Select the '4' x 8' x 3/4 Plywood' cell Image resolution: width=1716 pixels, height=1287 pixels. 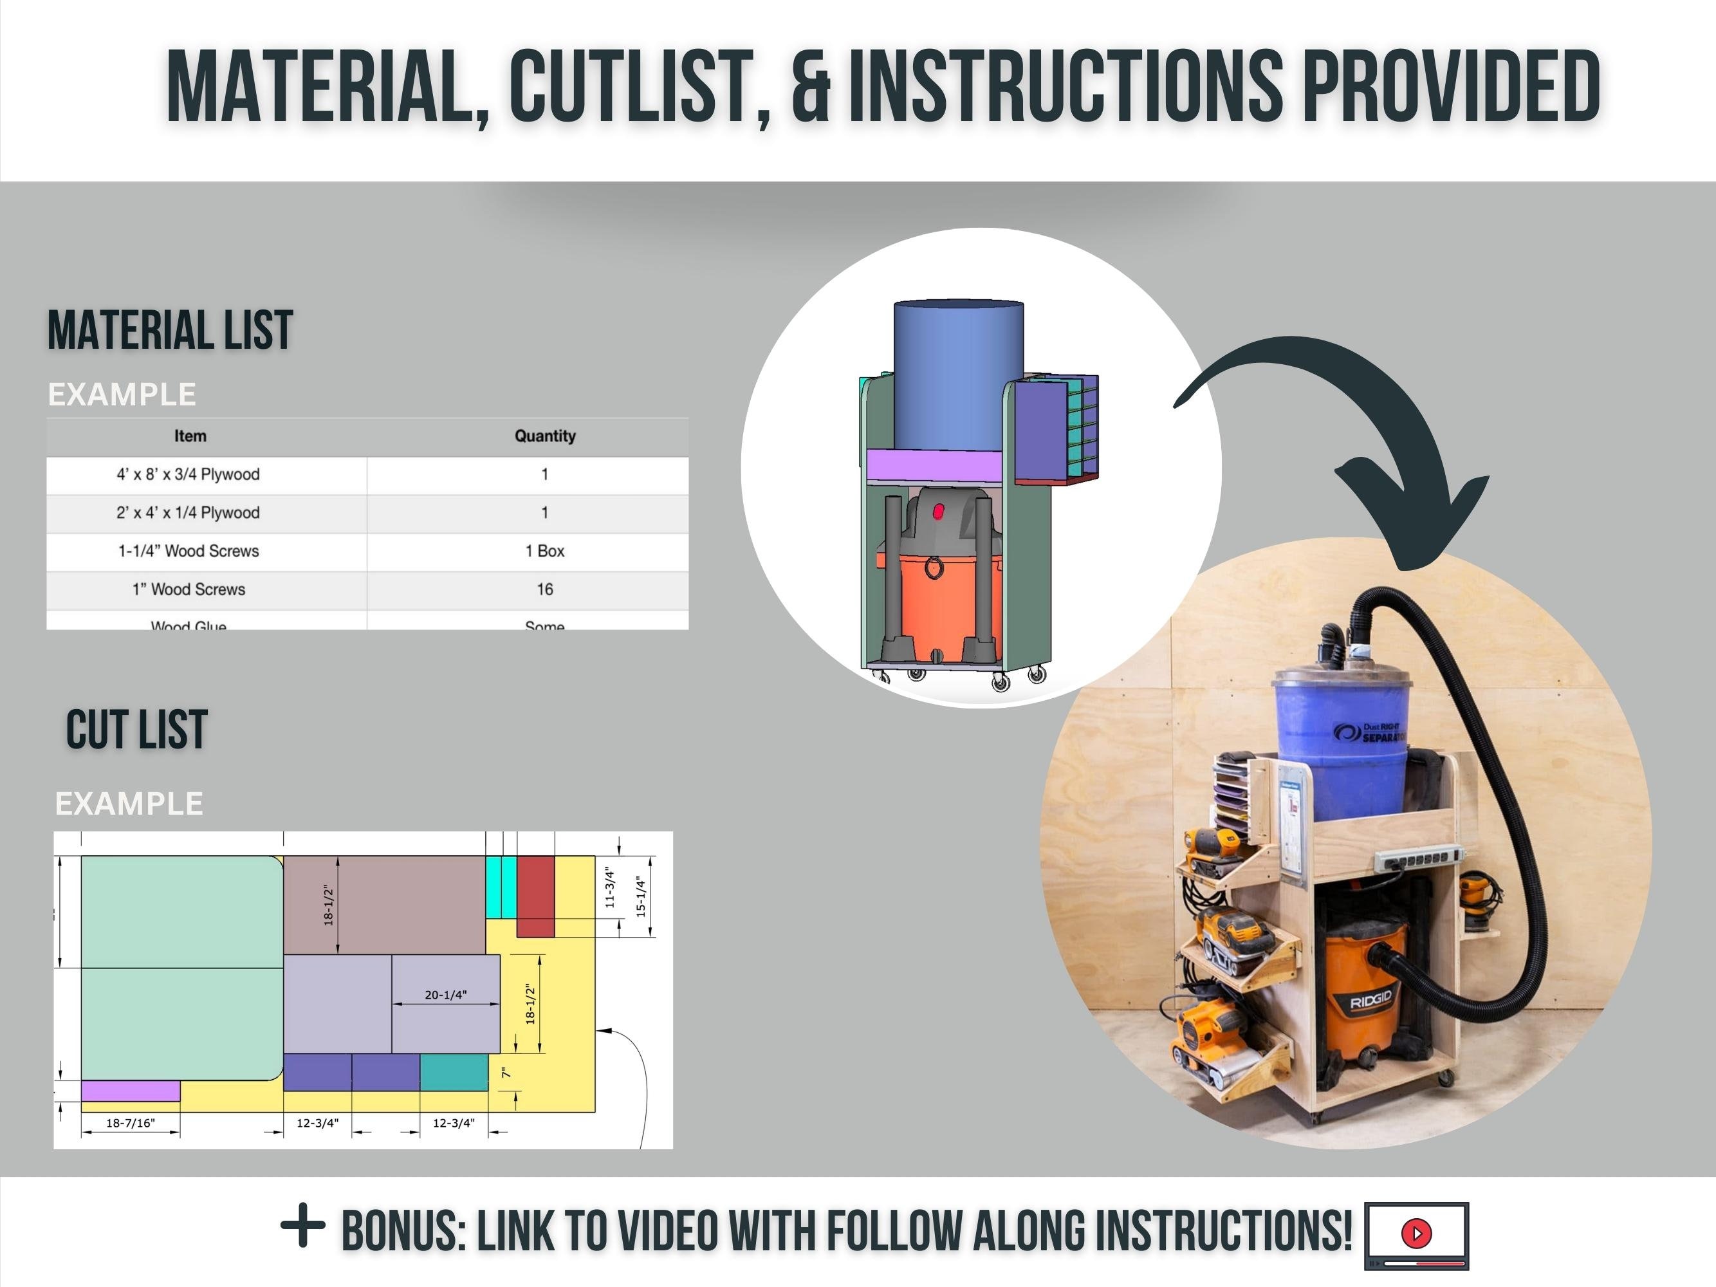point(189,474)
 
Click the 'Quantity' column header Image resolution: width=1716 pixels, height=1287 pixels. point(544,436)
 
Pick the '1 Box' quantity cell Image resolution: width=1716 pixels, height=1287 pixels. point(544,551)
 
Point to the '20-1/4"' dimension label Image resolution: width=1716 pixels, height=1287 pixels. point(445,995)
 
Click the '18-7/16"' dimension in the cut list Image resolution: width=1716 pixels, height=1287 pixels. point(131,1122)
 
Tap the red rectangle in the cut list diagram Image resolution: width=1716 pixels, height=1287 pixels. point(535,896)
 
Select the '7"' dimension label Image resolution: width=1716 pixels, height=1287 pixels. point(506,1073)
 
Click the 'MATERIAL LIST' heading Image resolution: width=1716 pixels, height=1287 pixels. point(171,329)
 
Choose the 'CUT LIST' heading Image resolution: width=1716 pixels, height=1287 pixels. point(137,730)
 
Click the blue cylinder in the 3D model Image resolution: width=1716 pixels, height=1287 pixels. point(958,373)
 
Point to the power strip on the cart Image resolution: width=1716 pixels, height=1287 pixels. point(1418,859)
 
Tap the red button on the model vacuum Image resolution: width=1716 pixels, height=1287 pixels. point(939,511)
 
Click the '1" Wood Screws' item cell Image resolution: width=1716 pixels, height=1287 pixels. point(189,589)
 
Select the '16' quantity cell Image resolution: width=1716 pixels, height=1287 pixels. point(544,589)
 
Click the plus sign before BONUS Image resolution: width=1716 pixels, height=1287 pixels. point(302,1227)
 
